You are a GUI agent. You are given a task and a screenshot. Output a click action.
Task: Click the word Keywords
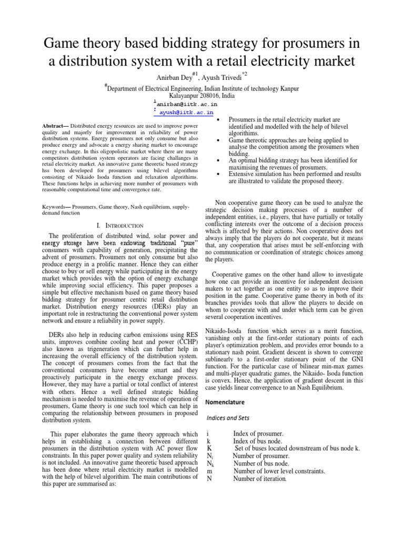click(x=54, y=208)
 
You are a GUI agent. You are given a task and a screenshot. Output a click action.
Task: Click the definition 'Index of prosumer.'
click(x=258, y=433)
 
